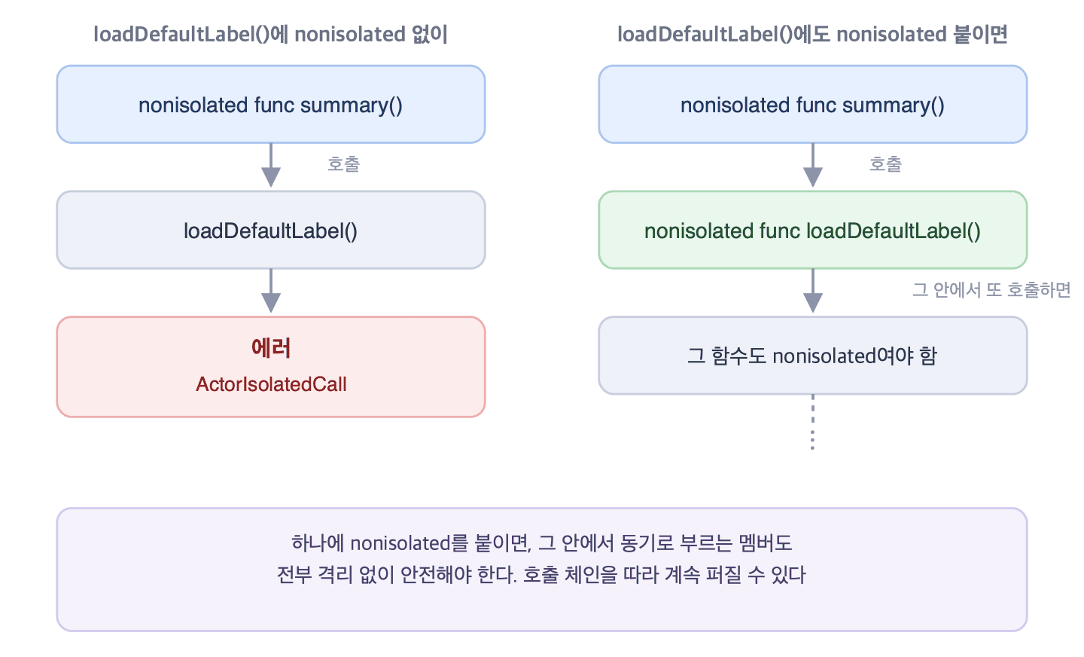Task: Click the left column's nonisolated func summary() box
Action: tap(271, 104)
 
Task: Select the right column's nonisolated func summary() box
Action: tap(813, 104)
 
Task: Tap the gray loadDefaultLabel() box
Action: tap(271, 230)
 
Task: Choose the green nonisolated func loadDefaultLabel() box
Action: tap(813, 230)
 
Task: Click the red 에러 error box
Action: tap(271, 367)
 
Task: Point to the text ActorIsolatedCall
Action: tap(271, 384)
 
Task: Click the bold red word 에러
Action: tap(271, 348)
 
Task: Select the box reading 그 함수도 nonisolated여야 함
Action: tap(813, 356)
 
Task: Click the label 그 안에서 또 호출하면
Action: tap(991, 290)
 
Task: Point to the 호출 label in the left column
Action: tap(343, 163)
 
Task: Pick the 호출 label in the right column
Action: tap(885, 163)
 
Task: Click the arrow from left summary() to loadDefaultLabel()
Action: tap(271, 165)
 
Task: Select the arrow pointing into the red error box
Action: tap(271, 291)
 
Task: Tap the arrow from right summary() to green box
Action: tap(813, 165)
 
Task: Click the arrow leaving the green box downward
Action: tap(813, 291)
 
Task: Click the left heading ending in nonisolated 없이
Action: tap(270, 35)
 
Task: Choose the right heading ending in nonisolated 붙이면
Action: tap(812, 35)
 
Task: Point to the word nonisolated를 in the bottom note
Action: tap(410, 543)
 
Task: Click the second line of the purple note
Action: tap(541, 575)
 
